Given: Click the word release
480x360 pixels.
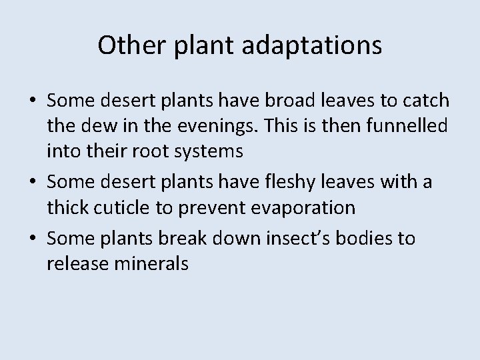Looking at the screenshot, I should pos(75,264).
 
